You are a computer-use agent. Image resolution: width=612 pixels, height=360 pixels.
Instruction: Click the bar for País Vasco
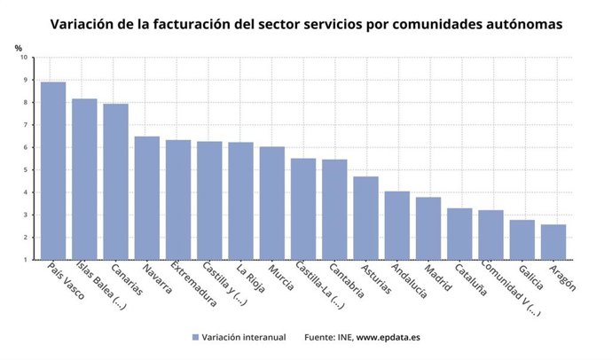[53, 170]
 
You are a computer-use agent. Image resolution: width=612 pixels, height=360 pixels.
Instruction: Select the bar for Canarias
[115, 182]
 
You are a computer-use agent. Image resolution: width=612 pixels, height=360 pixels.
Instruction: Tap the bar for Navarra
[147, 198]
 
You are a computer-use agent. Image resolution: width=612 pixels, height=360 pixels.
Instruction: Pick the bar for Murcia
[272, 203]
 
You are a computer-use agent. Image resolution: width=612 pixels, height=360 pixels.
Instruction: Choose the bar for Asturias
[365, 218]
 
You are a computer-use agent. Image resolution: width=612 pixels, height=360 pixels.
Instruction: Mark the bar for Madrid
[428, 228]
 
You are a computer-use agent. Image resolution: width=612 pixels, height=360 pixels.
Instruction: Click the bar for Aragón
[553, 242]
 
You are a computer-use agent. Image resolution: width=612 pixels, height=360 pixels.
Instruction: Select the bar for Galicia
[522, 239]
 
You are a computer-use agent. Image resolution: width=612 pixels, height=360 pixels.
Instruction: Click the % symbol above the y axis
[19, 46]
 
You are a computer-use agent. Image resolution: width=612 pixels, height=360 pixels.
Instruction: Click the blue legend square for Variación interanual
[194, 337]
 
